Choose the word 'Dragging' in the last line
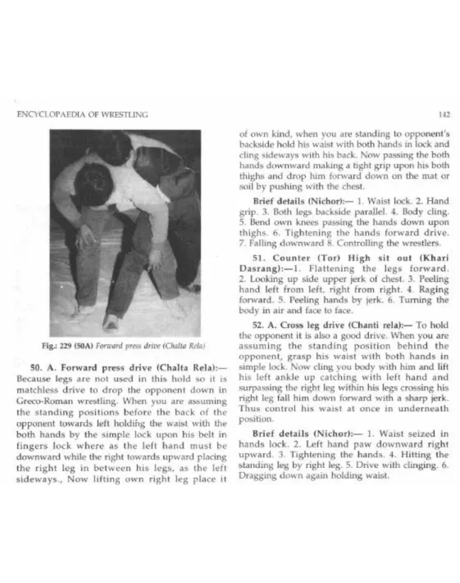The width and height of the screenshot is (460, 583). [253, 475]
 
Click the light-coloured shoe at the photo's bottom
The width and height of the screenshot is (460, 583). [111, 322]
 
